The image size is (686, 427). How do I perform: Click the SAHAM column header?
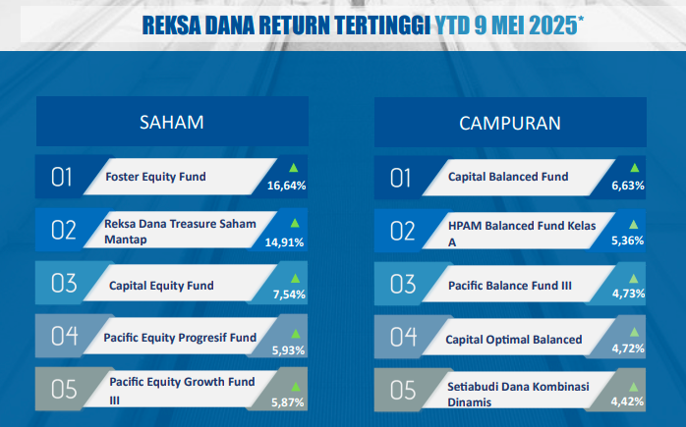[171, 123]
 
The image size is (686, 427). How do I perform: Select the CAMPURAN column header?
[510, 124]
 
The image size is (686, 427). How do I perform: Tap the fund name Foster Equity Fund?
[155, 177]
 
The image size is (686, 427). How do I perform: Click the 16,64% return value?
[287, 186]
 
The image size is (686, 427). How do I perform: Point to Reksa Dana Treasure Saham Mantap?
[180, 232]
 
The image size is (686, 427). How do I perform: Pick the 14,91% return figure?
[284, 242]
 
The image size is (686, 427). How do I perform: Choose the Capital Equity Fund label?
[161, 286]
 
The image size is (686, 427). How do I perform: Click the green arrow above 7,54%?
[295, 279]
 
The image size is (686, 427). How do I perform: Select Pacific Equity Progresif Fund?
[180, 338]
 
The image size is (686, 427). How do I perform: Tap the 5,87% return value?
[287, 402]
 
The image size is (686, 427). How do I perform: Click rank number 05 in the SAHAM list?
[64, 390]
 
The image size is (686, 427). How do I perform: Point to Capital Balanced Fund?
[508, 177]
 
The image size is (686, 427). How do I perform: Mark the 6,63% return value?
[628, 186]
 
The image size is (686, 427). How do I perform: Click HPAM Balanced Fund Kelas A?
[522, 234]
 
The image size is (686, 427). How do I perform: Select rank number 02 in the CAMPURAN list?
[403, 231]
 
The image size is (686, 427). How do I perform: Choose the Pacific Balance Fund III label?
[510, 286]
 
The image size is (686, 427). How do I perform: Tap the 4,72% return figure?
[628, 348]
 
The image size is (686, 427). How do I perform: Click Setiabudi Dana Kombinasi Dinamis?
[518, 395]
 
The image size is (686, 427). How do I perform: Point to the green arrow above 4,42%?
[633, 387]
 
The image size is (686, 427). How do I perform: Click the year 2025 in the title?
[553, 26]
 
